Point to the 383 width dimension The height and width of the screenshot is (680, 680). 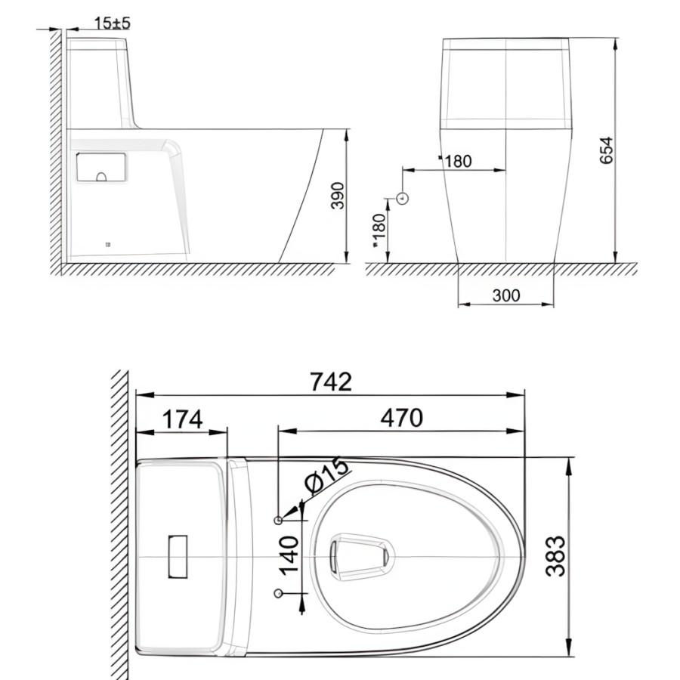[x=555, y=555]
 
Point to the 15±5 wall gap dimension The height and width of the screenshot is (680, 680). [x=113, y=23]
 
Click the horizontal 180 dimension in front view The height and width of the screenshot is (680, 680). [x=458, y=161]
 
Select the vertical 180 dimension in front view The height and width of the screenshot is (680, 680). [x=379, y=229]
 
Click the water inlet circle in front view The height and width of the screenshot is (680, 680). [x=403, y=199]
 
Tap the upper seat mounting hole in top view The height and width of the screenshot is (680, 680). [x=279, y=520]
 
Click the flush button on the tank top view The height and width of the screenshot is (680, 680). [x=178, y=556]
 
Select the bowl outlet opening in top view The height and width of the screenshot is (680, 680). [x=361, y=556]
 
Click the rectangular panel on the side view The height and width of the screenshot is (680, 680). [x=100, y=167]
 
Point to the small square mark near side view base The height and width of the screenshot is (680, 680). [x=107, y=244]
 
